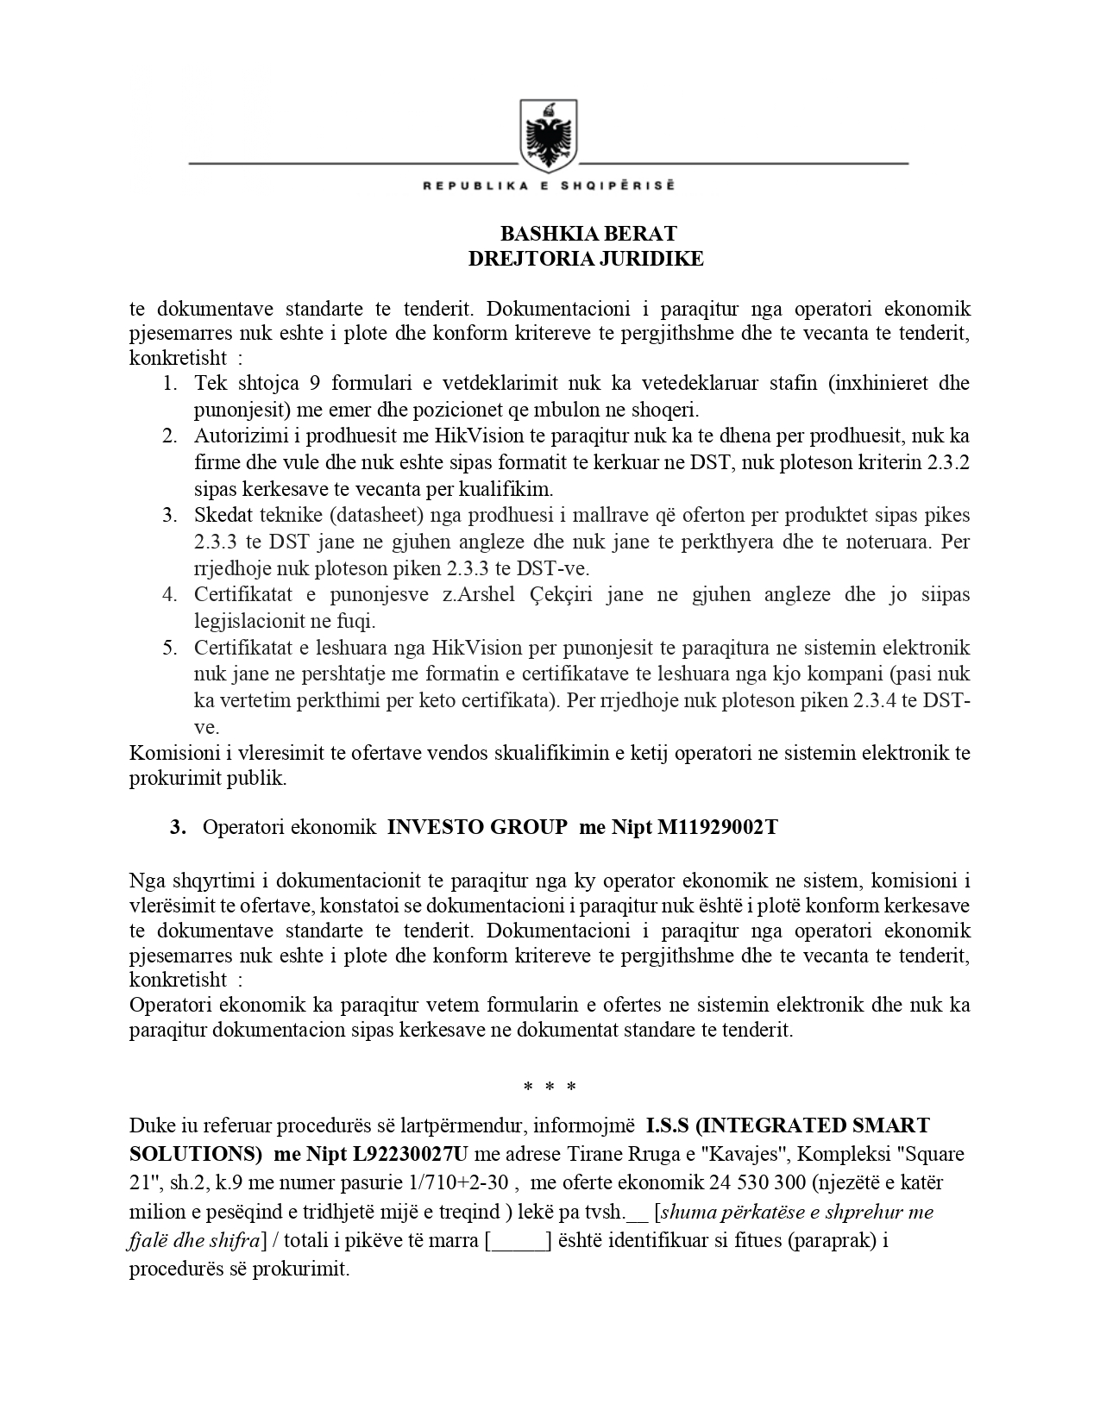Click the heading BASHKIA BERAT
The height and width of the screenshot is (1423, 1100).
point(588,234)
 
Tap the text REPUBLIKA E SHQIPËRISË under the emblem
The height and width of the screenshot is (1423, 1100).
point(548,185)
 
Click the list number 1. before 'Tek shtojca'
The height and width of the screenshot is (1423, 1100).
point(170,383)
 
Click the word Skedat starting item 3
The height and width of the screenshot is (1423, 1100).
point(223,516)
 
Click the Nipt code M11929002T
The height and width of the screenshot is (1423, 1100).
point(717,827)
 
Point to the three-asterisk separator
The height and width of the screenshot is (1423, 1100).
point(550,1087)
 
